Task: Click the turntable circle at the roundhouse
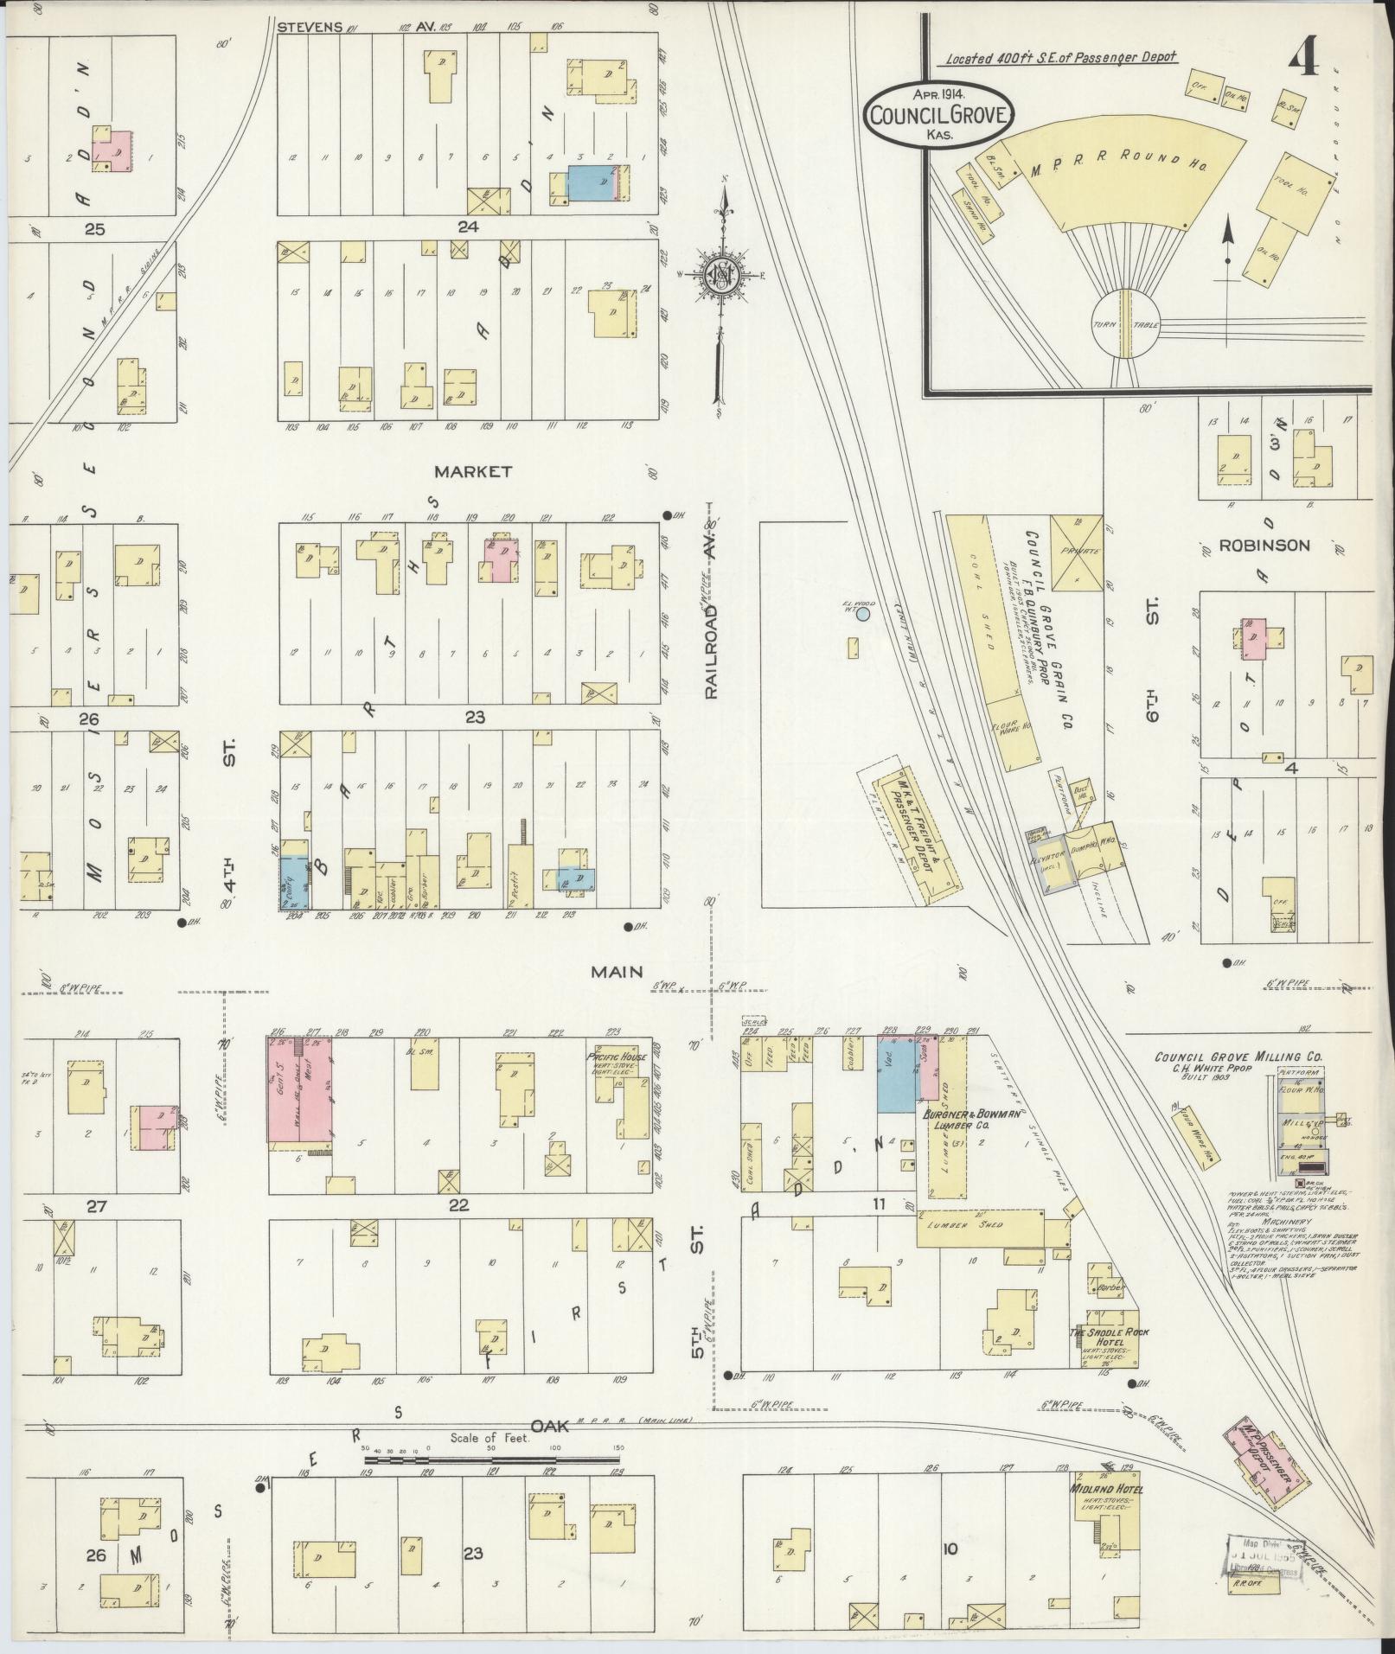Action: click(1124, 323)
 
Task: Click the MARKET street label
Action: click(473, 472)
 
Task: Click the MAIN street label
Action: click(617, 972)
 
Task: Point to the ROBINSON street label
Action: click(1264, 546)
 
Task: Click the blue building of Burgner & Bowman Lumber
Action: click(896, 1075)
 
